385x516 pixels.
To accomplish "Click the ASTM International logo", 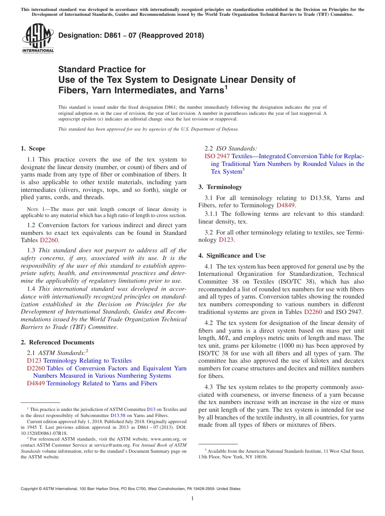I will click(x=38, y=38).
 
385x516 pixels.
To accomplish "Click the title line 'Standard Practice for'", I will click(x=102, y=69).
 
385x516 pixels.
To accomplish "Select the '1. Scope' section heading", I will click(x=33, y=148).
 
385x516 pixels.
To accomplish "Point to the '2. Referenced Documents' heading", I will click(x=58, y=342).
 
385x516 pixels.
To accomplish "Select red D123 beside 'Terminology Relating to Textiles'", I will click(x=34, y=361).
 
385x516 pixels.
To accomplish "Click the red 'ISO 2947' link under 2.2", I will click(x=217, y=156).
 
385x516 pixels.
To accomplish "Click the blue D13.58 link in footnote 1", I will click(x=117, y=415).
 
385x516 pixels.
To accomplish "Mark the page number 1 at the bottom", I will click(x=192, y=499).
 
